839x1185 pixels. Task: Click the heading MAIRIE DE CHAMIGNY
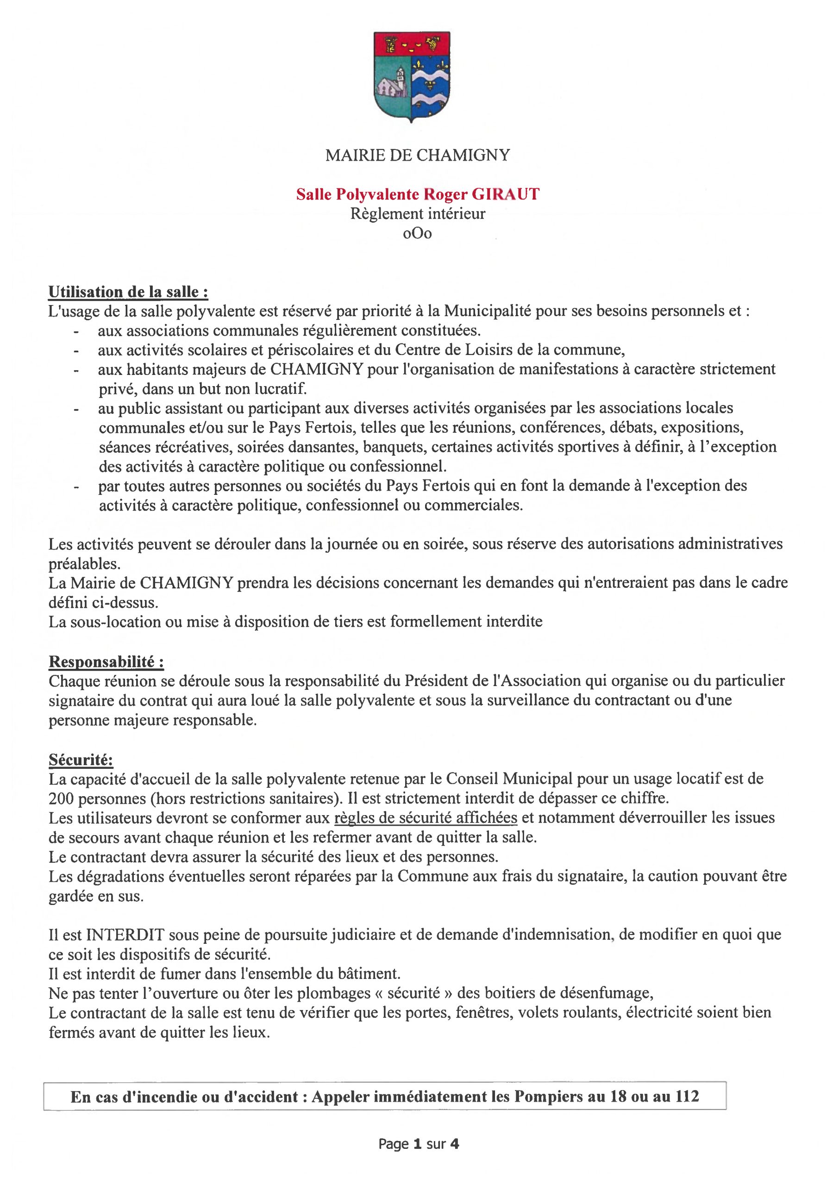[x=418, y=155]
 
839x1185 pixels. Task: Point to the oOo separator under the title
[x=418, y=233]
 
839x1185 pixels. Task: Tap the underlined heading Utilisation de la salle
[x=128, y=292]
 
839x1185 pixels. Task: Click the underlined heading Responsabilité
[x=106, y=661]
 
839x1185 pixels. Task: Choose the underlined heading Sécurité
[x=81, y=760]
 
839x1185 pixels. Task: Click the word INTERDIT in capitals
[x=125, y=935]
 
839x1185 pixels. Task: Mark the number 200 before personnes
[x=62, y=799]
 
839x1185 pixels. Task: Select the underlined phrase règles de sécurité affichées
[x=426, y=818]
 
